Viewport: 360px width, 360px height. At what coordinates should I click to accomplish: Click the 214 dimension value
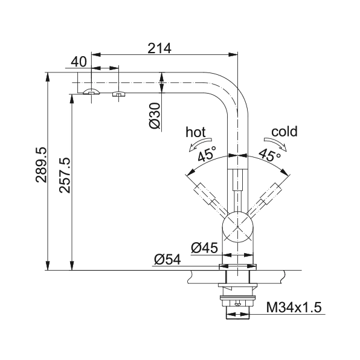coord(159,48)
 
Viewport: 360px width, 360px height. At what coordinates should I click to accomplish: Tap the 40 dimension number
coord(79,62)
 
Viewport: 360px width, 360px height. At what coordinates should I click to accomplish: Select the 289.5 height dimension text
coord(41,165)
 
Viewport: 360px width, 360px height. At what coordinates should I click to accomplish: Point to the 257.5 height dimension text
coord(65,175)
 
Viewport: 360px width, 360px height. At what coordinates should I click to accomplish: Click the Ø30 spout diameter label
coord(154,115)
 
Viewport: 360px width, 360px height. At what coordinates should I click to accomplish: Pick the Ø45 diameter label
coord(204,248)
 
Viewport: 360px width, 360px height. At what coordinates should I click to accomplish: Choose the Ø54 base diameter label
coord(167,260)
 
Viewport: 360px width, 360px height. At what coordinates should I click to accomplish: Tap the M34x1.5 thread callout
coord(294,307)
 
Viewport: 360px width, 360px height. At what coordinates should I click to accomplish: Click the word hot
coord(195,132)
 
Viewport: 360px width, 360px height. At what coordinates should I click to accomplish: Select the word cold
coord(284,132)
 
